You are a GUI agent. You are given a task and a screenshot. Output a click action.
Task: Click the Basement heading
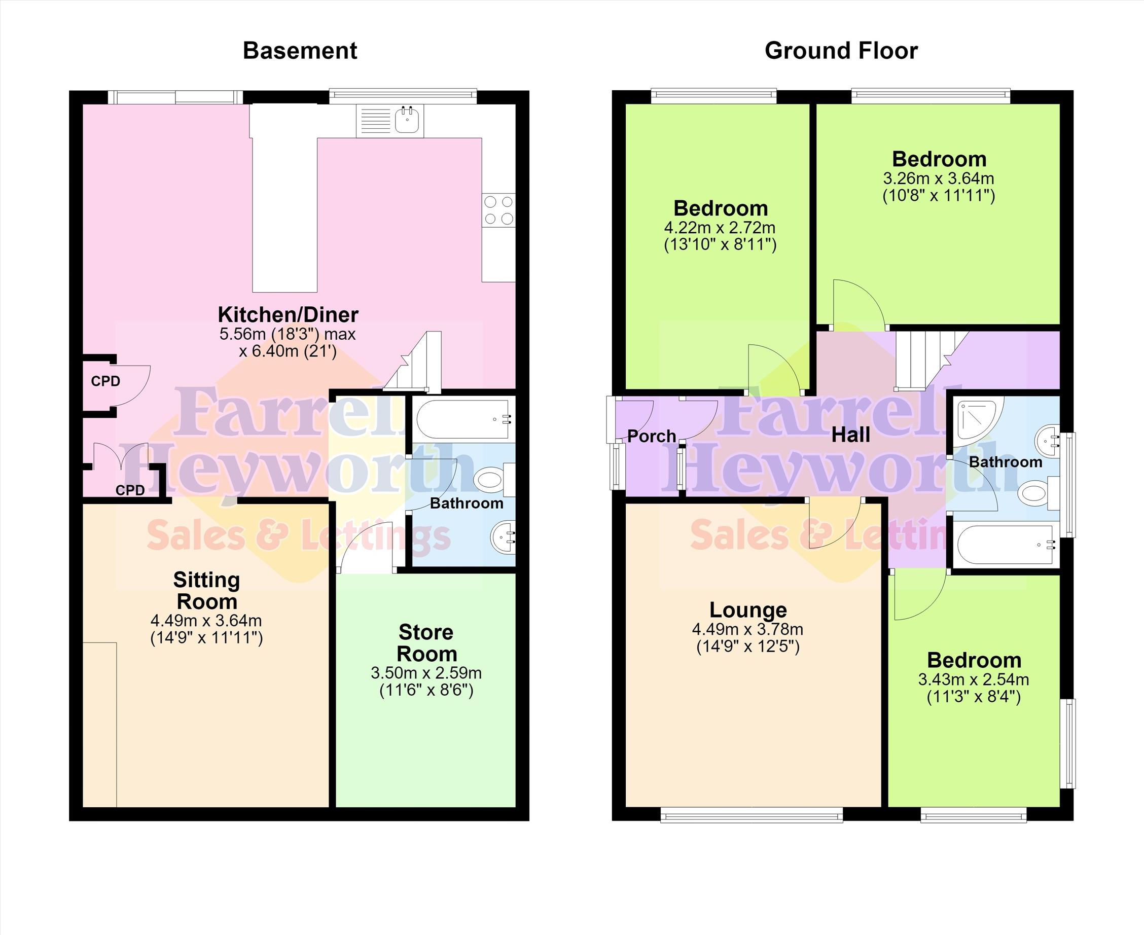(300, 51)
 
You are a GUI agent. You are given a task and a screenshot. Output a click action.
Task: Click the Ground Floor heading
(841, 51)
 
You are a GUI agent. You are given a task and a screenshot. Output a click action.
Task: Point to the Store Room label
(426, 643)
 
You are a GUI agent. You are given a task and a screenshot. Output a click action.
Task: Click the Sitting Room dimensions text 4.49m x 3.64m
(206, 621)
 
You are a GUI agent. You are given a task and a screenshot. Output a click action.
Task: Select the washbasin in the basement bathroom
(503, 536)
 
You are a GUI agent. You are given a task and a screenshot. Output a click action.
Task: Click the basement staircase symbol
(412, 361)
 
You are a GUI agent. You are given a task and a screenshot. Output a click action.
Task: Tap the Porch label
(652, 436)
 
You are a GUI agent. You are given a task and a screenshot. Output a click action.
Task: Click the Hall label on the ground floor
(850, 435)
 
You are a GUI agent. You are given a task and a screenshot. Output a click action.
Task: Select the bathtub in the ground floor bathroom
(1005, 545)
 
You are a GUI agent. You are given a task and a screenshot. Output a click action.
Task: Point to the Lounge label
(748, 609)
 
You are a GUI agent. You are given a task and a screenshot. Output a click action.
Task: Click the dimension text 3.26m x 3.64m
(939, 178)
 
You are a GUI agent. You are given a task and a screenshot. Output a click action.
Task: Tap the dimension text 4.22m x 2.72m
(720, 228)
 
